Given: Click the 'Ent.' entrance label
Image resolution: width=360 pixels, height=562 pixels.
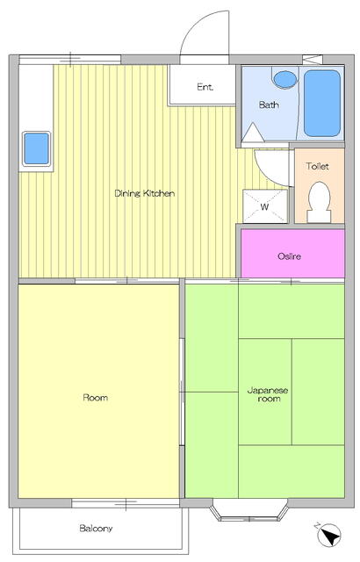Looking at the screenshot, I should click(205, 86).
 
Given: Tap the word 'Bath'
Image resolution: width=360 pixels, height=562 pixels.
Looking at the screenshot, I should click(269, 104).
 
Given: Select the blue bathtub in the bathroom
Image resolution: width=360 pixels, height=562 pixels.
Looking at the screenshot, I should click(322, 103).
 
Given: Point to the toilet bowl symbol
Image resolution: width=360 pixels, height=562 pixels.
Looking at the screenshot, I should click(319, 201).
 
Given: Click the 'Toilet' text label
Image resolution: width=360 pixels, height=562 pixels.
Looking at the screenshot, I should click(318, 166).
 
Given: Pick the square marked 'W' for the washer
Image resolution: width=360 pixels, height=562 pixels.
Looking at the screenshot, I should click(265, 207).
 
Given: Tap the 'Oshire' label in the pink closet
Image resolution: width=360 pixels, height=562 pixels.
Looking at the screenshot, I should click(290, 256).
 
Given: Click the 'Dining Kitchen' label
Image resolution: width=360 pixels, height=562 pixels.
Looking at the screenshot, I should click(145, 193).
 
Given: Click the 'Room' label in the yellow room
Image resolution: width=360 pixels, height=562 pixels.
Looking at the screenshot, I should click(95, 398).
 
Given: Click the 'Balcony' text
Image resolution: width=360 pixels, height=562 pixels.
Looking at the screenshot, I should click(96, 529).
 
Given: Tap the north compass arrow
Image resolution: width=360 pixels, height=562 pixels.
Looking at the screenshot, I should click(330, 534).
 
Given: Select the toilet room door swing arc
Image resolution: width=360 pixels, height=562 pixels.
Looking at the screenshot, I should click(270, 165).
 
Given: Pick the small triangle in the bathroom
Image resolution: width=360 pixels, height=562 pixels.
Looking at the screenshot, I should click(253, 133).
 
